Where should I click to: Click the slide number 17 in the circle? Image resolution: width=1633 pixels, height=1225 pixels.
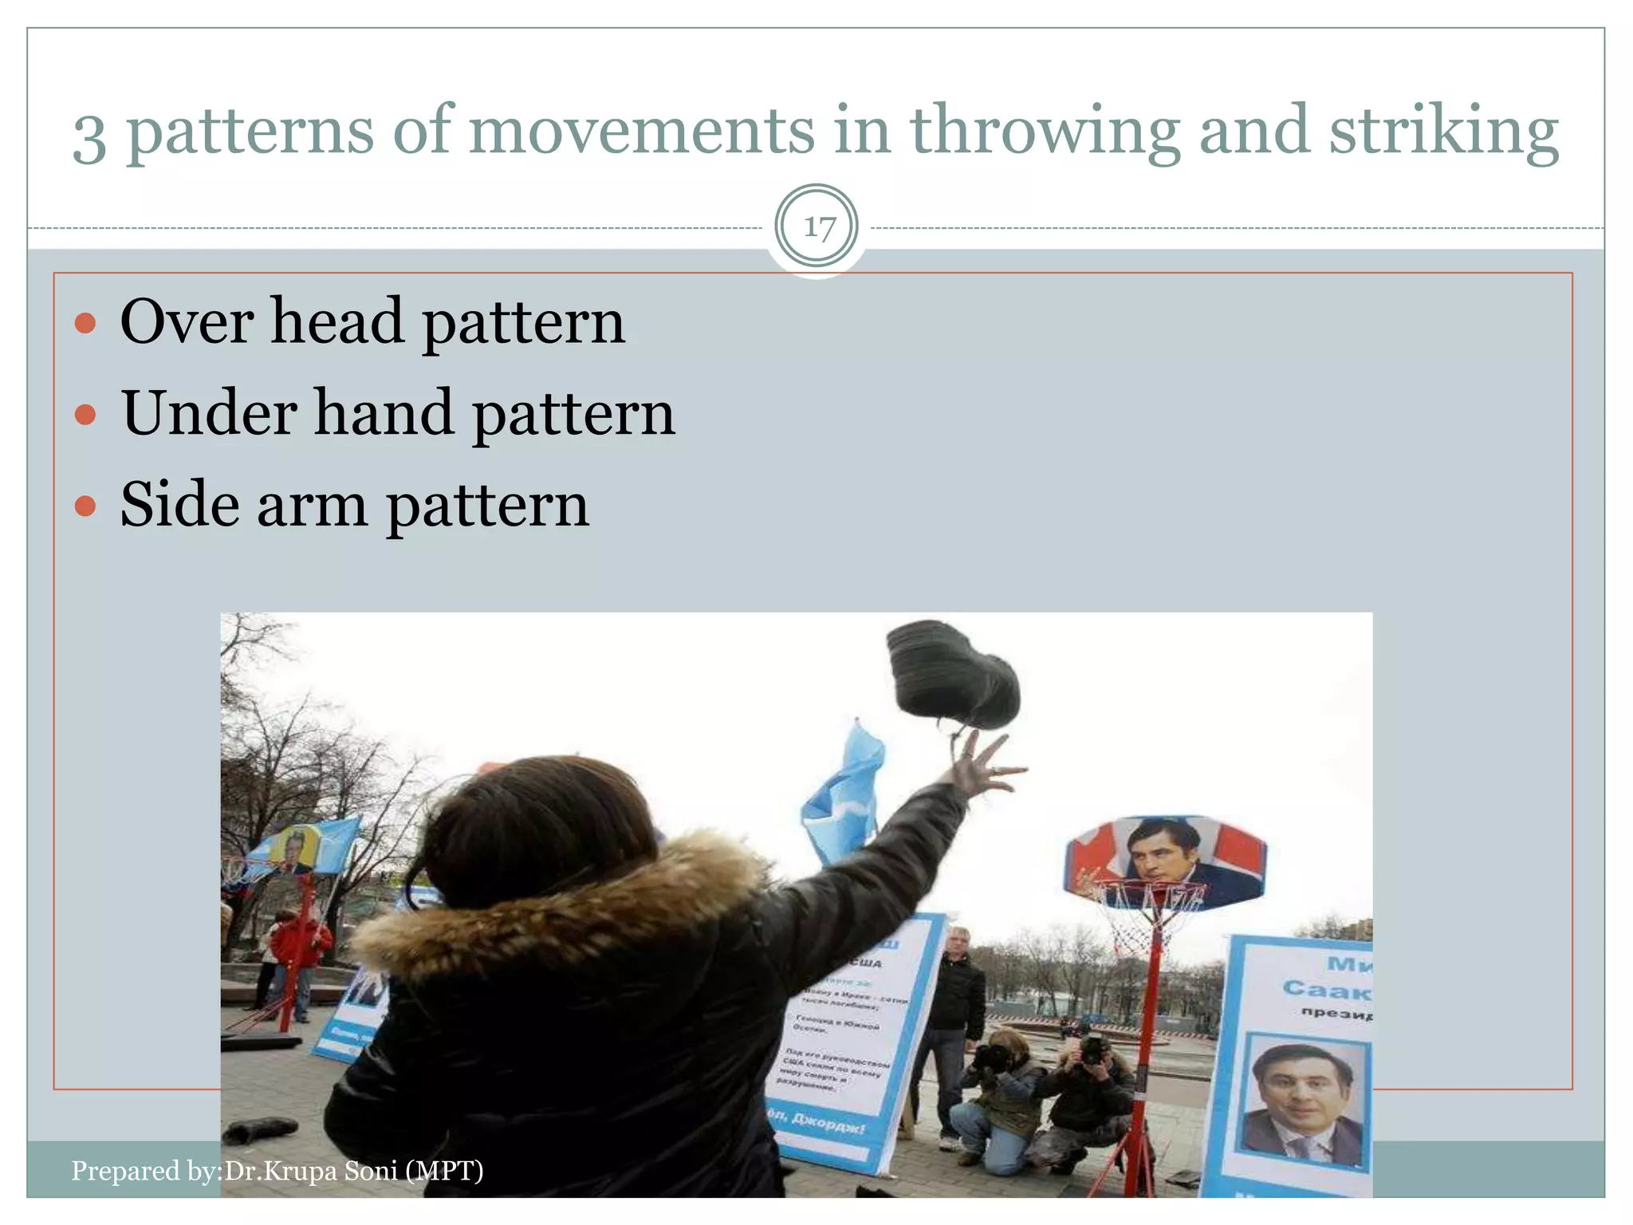pyautogui.click(x=817, y=228)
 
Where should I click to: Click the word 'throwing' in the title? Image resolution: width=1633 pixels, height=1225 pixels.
pyautogui.click(x=1045, y=132)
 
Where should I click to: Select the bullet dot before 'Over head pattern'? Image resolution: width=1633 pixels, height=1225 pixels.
pyautogui.click(x=85, y=324)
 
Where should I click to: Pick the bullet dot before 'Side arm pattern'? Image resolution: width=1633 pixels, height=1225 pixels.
pyautogui.click(x=85, y=507)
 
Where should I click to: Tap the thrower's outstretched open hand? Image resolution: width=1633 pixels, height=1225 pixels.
pyautogui.click(x=985, y=766)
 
